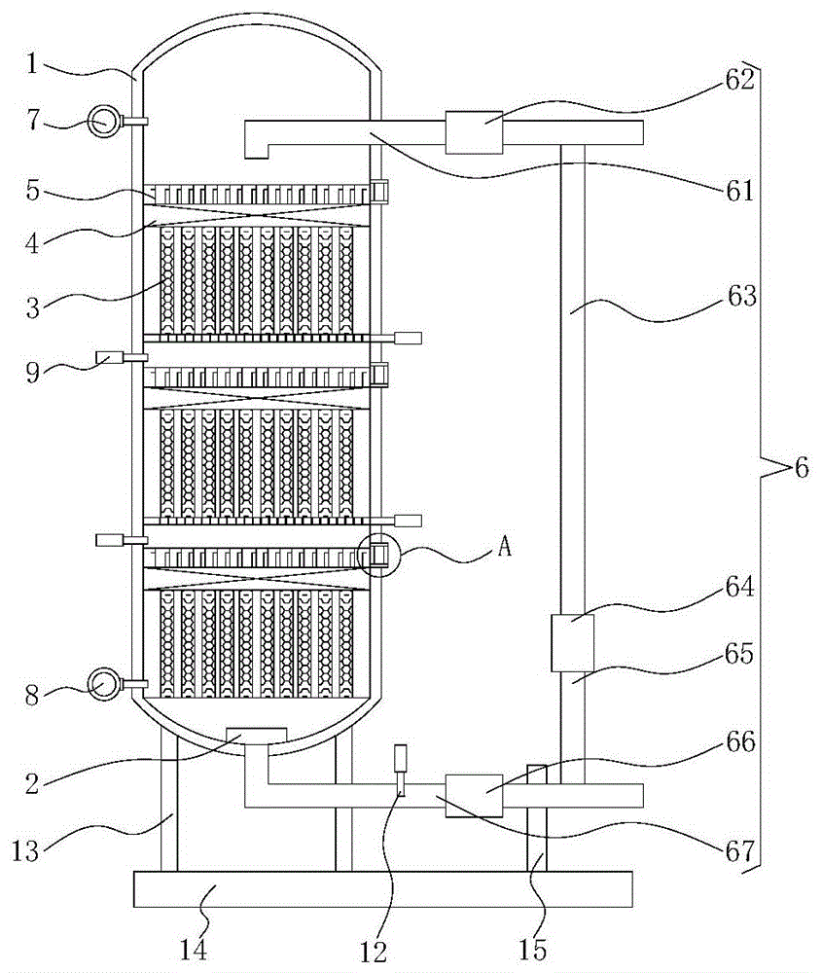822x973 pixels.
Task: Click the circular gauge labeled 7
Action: tap(101, 122)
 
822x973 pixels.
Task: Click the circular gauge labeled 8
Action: tap(101, 684)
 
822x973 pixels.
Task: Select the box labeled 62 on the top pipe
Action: tap(474, 132)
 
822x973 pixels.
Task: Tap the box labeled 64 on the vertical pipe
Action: tap(572, 643)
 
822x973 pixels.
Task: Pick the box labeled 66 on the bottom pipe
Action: tap(474, 795)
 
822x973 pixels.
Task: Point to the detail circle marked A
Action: tap(377, 556)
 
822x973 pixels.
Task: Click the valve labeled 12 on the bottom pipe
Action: tap(399, 770)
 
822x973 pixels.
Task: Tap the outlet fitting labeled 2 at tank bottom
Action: tap(256, 736)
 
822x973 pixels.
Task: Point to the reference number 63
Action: tap(740, 296)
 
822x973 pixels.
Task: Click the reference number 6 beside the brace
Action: tap(801, 468)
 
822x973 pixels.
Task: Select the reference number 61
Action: tap(740, 191)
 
